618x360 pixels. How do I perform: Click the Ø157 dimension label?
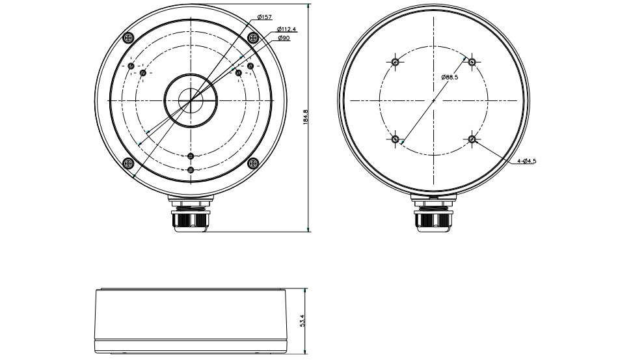264,17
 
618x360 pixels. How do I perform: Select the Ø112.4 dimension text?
286,29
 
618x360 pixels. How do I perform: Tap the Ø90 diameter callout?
284,38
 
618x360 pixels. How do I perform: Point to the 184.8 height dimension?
305,117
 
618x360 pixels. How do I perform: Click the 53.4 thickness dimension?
302,320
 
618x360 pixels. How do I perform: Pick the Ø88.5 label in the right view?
450,77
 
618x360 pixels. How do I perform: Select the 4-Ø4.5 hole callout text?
526,161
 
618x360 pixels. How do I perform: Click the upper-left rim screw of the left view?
128,38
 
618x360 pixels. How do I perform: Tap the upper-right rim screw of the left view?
253,38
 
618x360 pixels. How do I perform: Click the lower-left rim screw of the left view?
128,163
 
